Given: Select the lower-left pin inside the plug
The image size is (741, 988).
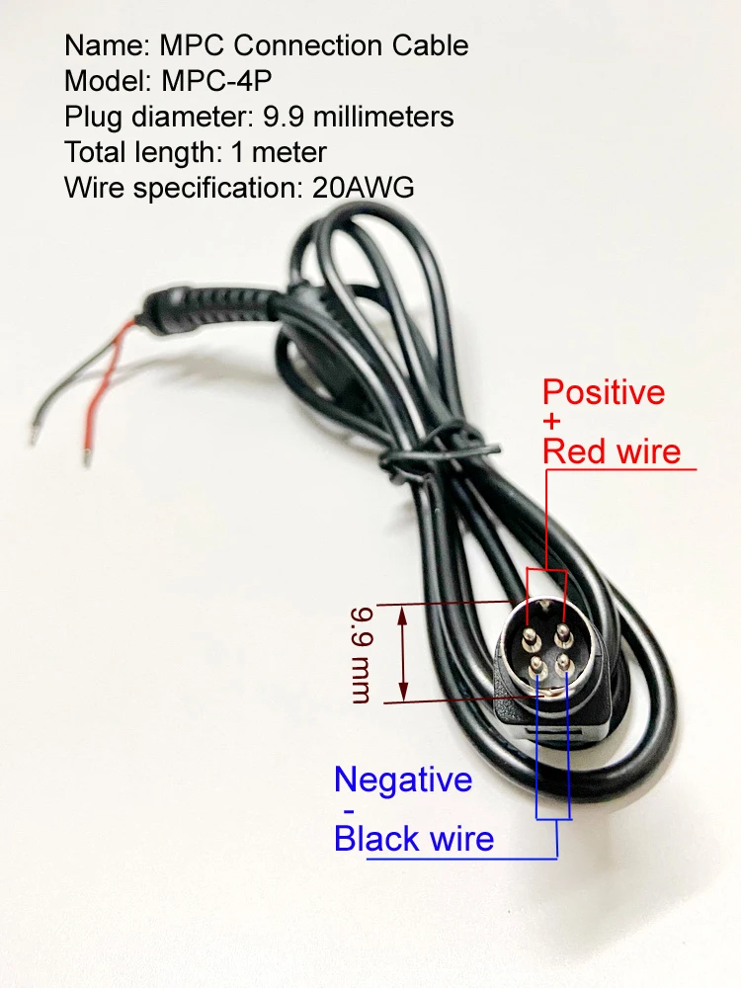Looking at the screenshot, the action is coord(537,665).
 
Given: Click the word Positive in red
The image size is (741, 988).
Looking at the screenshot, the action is coord(604,392).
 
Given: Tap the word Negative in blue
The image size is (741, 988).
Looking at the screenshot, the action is coord(403,780).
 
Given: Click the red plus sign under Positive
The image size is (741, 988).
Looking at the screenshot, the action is coord(551,421).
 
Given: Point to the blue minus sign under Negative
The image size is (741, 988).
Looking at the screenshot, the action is coord(350,810).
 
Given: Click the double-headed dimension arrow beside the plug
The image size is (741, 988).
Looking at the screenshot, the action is coord(403,653).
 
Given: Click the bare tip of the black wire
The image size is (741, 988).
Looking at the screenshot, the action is coord(33,435).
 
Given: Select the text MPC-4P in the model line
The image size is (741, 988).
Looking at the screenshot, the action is coord(216,81).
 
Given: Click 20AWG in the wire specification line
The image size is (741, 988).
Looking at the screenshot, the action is coord(363,188).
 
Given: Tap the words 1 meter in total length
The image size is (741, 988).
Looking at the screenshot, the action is coord(279,152).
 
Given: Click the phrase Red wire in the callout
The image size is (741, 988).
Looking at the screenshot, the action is coord(612,452).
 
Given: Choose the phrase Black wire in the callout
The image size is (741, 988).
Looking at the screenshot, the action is coord(414,839).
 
